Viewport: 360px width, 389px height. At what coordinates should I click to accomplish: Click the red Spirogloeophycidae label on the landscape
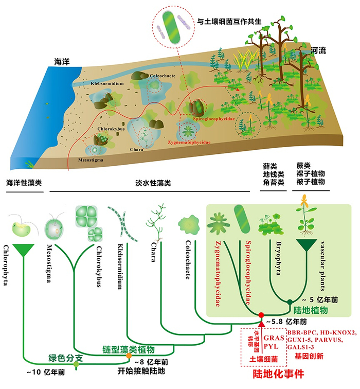pyautogui.click(x=213, y=118)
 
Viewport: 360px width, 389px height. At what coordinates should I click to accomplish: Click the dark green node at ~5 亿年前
pyautogui.click(x=290, y=302)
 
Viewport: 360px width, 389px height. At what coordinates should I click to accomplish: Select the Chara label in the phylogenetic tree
pyautogui.click(x=154, y=250)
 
